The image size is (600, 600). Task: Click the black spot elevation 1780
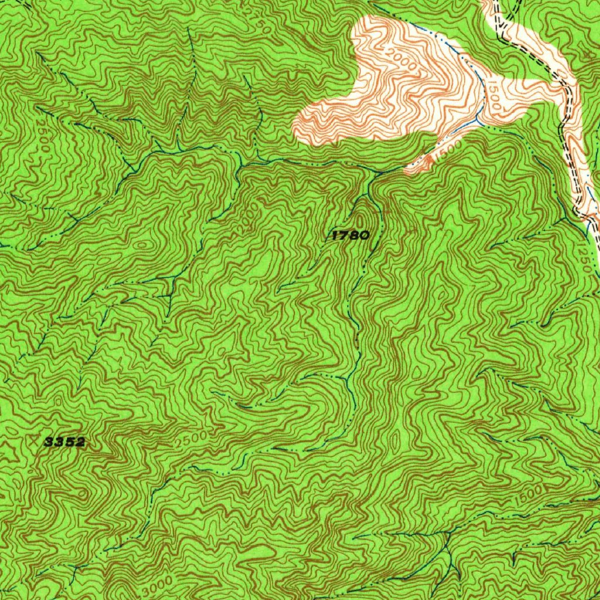(x=350, y=236)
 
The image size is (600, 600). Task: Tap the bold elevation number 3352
(x=65, y=442)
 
